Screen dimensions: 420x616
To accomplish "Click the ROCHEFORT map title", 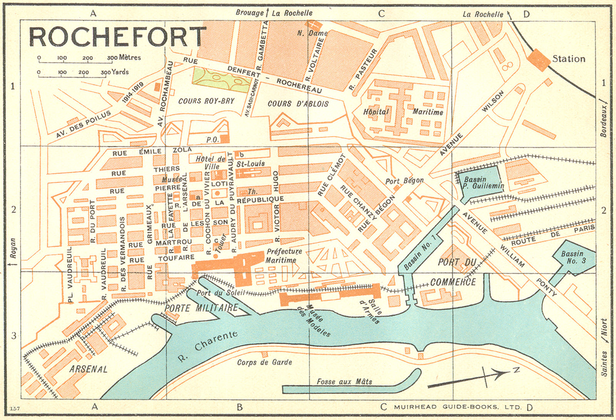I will point(117,37).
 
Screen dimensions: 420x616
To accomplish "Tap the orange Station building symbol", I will point(538,60).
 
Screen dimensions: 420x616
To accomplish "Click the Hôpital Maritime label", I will point(403,112).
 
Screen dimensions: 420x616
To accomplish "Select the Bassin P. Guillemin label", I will point(483,183).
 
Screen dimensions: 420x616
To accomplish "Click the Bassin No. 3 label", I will point(573,257).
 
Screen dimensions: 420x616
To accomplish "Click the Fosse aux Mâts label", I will point(344,382).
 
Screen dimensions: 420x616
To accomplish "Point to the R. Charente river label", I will point(208,346).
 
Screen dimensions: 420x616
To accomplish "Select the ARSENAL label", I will point(89,369).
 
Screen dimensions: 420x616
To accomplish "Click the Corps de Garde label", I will point(264,362).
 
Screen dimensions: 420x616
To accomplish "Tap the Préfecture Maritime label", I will point(283,255).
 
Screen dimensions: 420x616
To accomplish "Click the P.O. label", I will point(212,140).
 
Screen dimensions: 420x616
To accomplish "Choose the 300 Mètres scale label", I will point(124,58).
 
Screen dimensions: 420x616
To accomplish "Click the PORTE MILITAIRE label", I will point(201,308).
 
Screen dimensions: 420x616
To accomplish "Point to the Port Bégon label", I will point(404,180).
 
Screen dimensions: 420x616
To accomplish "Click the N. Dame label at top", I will point(312,33).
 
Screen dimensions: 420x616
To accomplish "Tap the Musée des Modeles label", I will point(318,320).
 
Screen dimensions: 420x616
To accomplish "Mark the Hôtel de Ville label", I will point(211,163).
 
